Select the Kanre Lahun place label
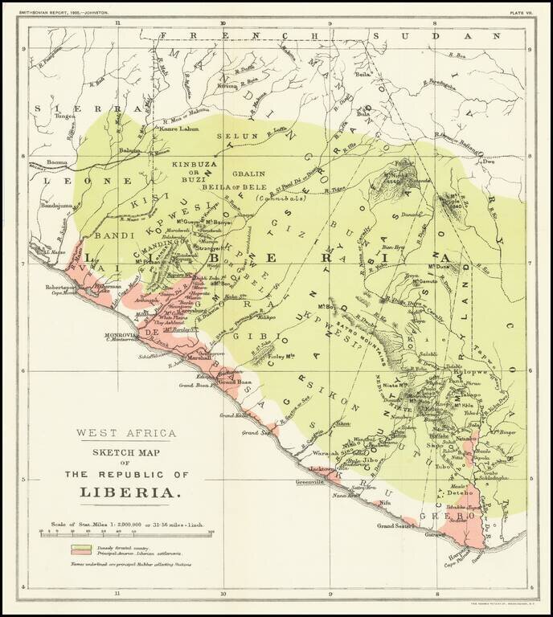(179, 129)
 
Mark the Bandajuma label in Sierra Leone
(55, 207)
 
